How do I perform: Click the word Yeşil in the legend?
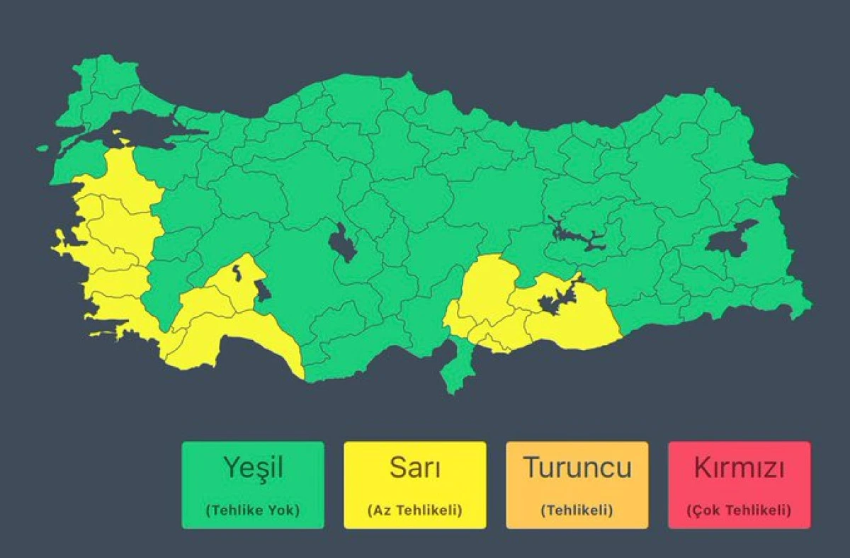coord(253,467)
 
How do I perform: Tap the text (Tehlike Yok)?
coord(253,510)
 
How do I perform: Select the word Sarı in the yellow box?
coord(414,467)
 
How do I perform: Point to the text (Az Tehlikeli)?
coord(414,510)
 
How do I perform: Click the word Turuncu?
coord(577,467)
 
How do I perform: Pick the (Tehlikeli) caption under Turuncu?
coord(577,510)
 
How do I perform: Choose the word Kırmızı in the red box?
coord(739,467)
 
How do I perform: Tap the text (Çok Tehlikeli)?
coord(739,510)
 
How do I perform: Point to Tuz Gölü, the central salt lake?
coord(343,244)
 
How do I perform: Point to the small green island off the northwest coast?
coord(43,149)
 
